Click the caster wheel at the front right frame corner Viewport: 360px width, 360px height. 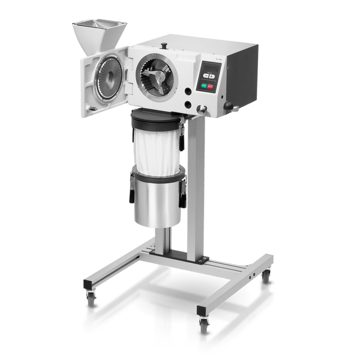(x=204, y=325)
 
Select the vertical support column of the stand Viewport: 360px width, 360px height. (x=197, y=192)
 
